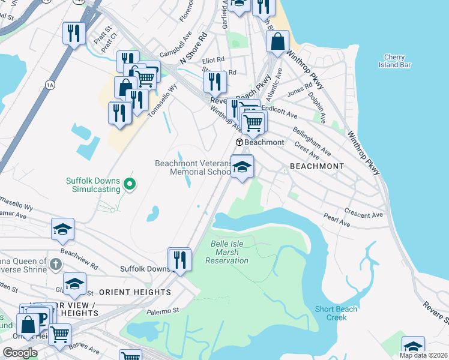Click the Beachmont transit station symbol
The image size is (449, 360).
pos(240,142)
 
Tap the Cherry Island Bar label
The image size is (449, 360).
pos(395,61)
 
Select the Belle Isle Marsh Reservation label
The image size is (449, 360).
pos(226,252)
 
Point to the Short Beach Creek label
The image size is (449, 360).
pos(336,313)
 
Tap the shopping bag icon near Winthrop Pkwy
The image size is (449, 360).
pos(277,41)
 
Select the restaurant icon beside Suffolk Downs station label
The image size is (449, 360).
pos(179,259)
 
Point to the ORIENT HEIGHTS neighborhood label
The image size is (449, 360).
pos(134,292)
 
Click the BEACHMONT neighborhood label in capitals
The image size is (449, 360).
pos(317,166)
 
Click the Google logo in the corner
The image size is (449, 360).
pos(20,353)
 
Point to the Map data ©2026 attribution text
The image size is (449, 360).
pos(423,355)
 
